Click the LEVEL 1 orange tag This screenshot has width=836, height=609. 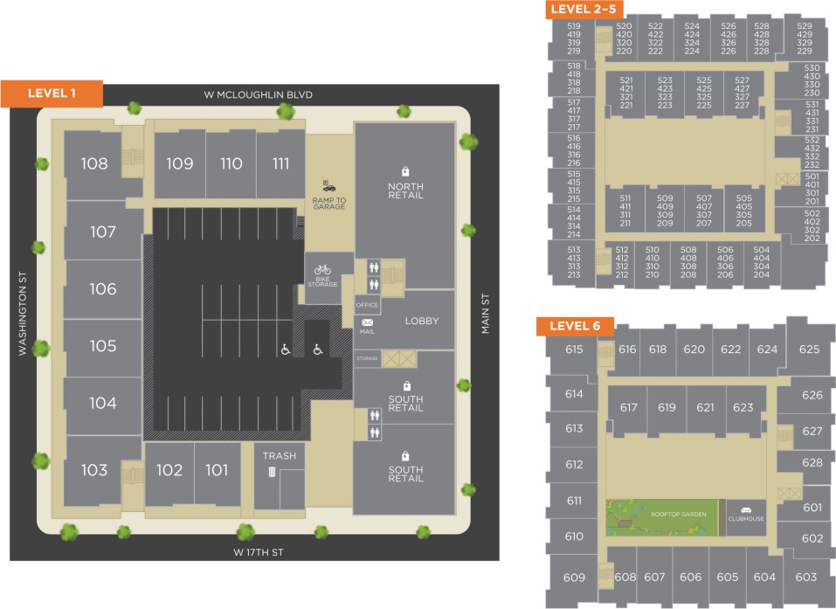52,93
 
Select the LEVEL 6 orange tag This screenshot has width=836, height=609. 575,326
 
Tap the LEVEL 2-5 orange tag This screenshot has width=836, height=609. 583,10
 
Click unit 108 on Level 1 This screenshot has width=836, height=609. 94,163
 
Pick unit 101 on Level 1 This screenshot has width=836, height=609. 217,470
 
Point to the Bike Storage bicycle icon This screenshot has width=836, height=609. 323,270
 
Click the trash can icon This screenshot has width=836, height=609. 272,472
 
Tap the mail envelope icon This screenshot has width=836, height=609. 367,322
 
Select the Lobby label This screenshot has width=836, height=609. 422,321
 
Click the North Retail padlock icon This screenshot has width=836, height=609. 405,171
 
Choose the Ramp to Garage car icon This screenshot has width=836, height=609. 328,185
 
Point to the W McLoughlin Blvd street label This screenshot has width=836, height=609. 258,94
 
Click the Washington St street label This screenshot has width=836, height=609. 24,313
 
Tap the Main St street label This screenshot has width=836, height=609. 486,313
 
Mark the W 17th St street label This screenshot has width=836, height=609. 259,552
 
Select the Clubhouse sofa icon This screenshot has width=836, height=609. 745,509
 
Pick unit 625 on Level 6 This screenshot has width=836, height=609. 809,349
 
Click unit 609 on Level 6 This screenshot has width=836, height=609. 574,578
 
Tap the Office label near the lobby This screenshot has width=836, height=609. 367,305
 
